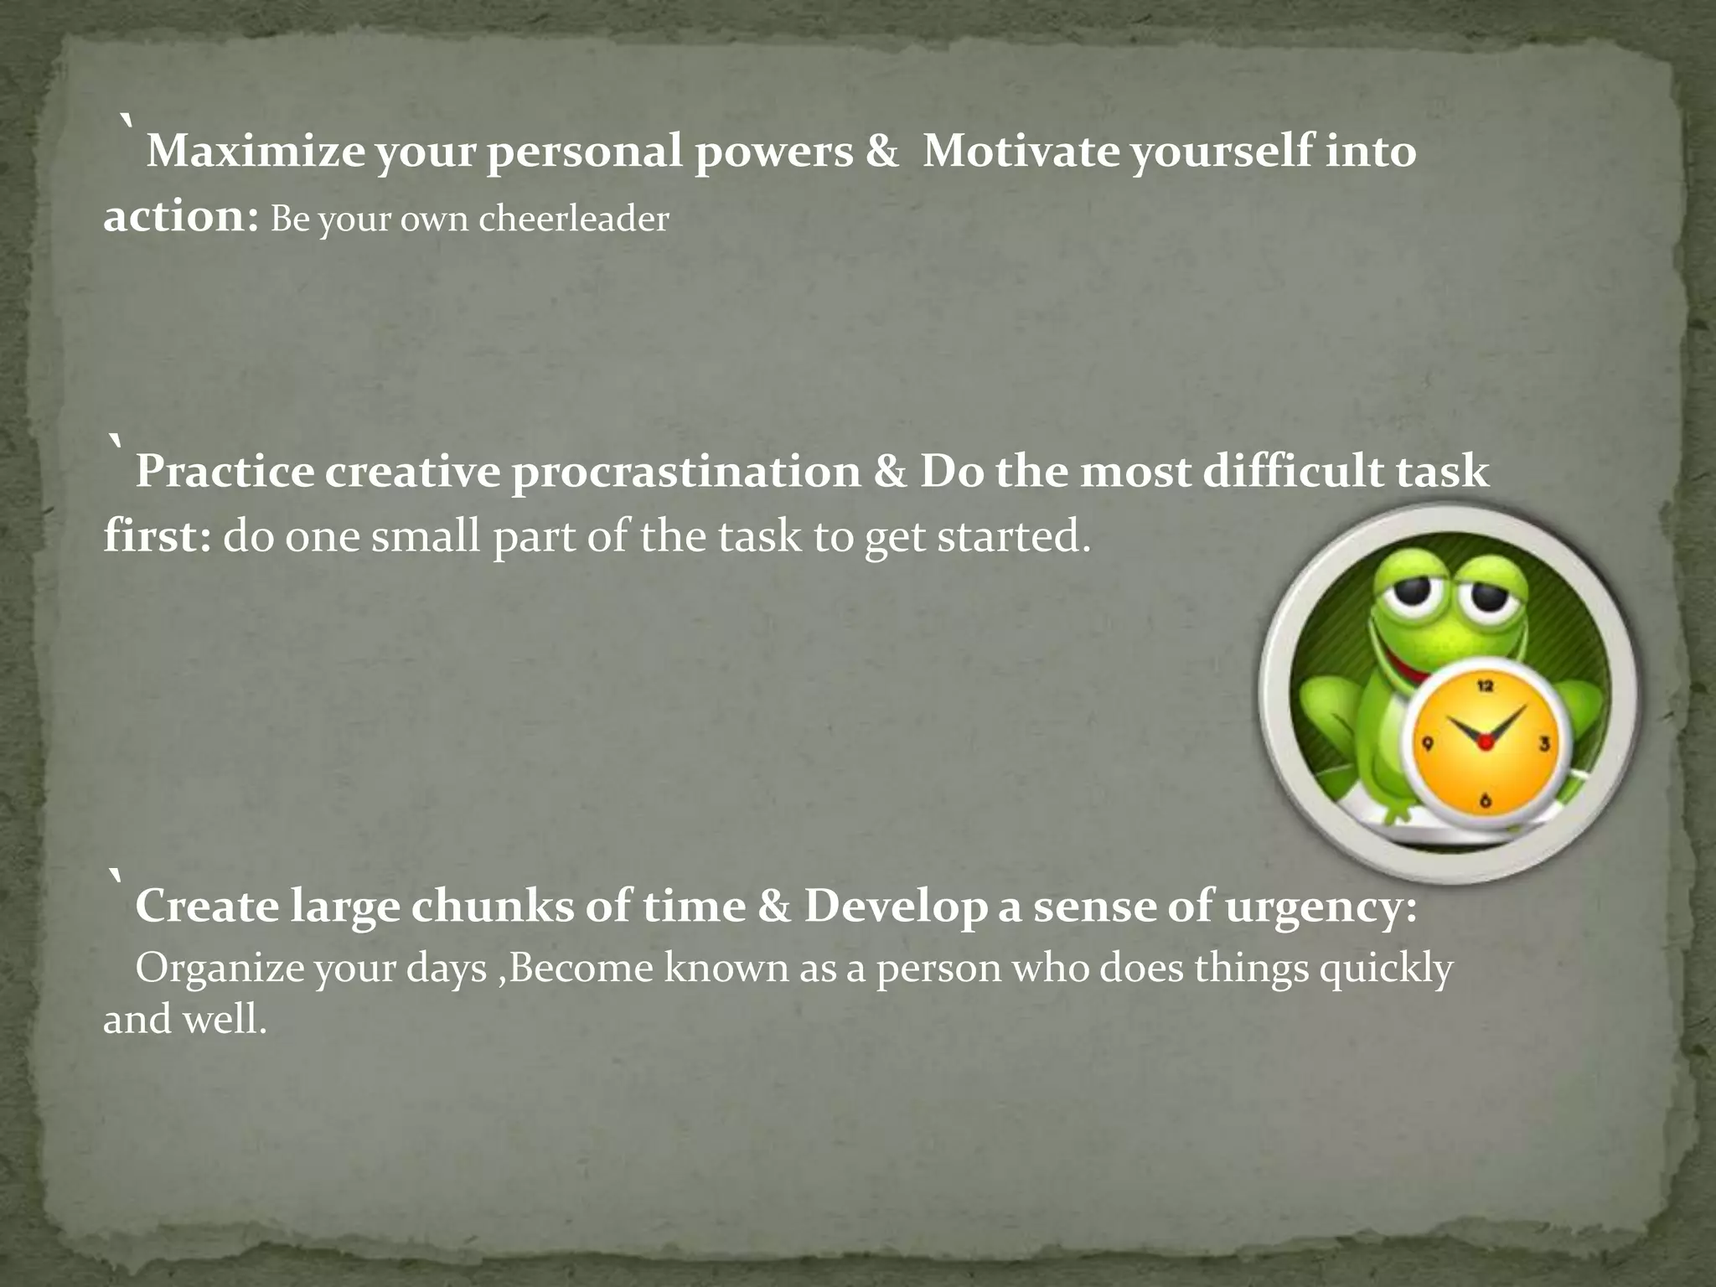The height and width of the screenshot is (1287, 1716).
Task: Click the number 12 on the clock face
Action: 1485,687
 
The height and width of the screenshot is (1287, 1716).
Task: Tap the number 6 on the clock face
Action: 1485,801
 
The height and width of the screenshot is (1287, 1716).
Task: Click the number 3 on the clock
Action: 1543,743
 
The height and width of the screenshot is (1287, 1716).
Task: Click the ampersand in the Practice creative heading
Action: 889,472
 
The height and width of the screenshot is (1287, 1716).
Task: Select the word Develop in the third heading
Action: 895,907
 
